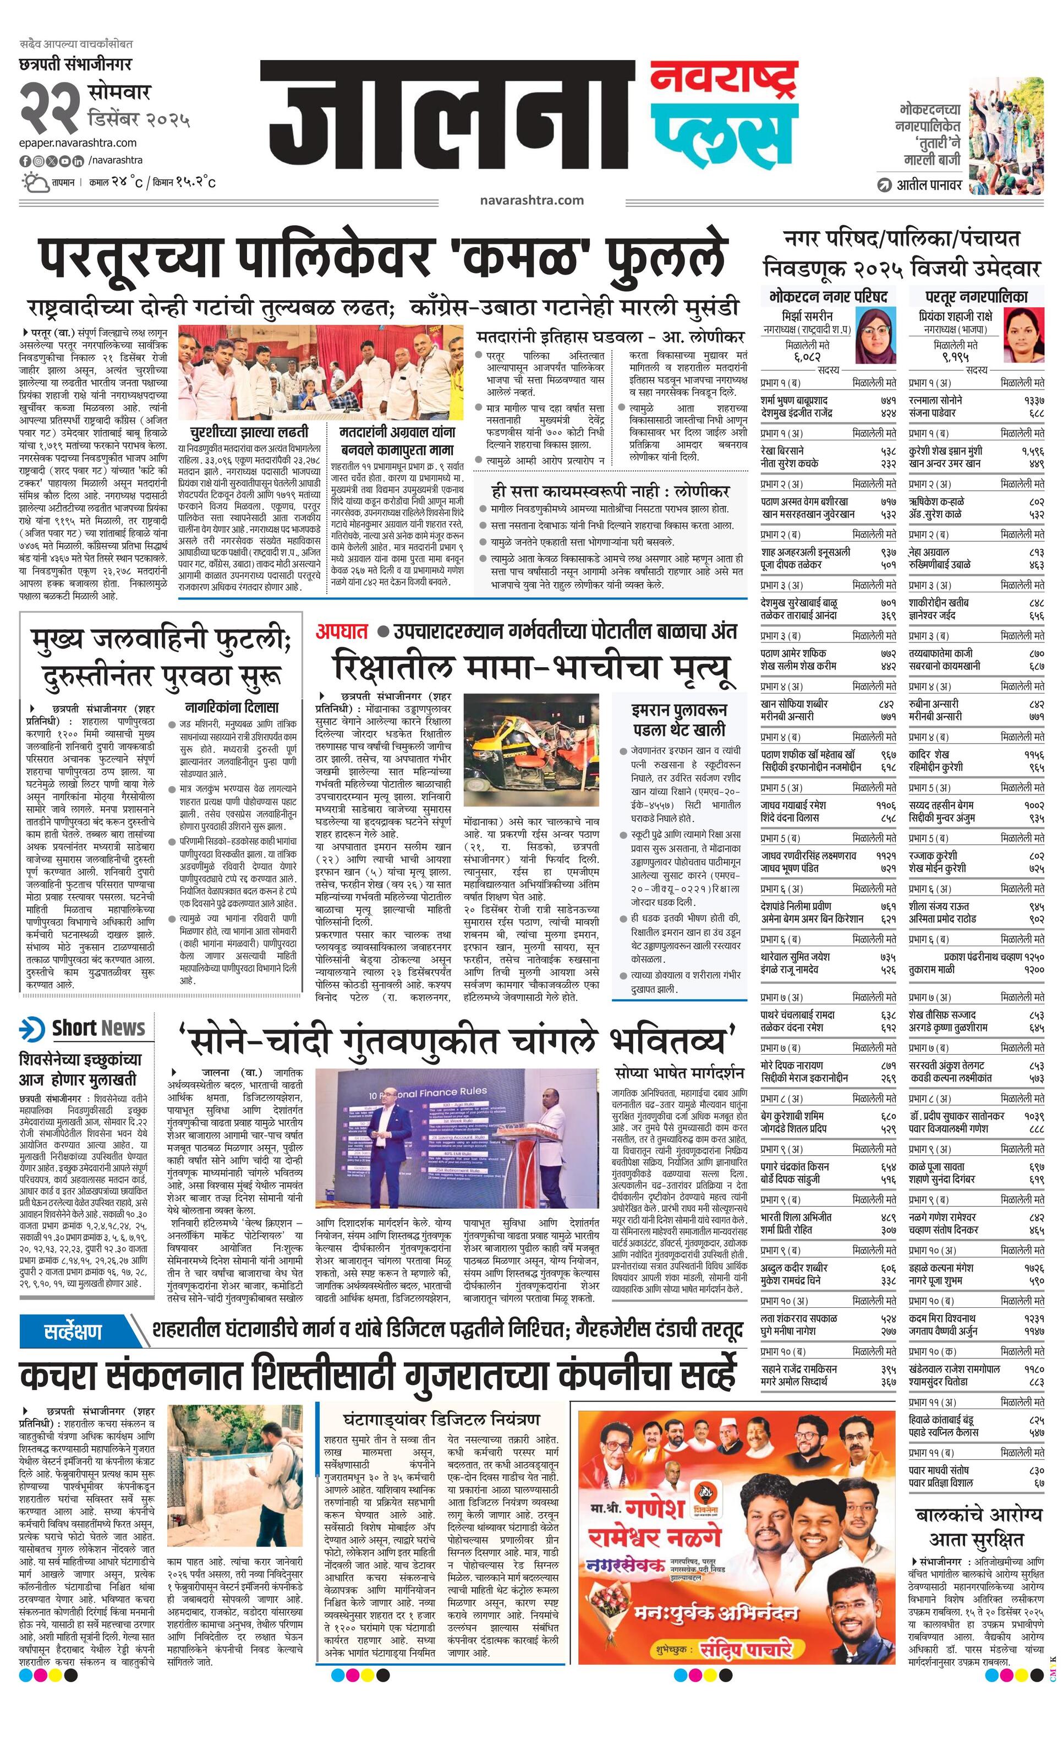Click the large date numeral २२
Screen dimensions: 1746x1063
click(50, 106)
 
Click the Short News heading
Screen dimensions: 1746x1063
click(98, 1028)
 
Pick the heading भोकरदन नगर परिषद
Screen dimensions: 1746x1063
click(827, 296)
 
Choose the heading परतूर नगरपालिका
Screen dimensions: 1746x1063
click(976, 296)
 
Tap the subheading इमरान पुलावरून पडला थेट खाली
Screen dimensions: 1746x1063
click(678, 719)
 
